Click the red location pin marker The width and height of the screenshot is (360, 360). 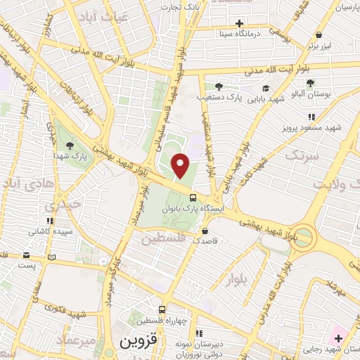pos(181,165)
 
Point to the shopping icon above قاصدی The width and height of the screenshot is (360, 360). pos(205,231)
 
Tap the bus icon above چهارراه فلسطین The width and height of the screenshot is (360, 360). pos(162,309)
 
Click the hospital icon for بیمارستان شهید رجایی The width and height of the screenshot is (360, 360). pos(338,339)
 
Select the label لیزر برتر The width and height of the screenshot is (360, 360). pos(319,45)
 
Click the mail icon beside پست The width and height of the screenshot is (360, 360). pos(26,255)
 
